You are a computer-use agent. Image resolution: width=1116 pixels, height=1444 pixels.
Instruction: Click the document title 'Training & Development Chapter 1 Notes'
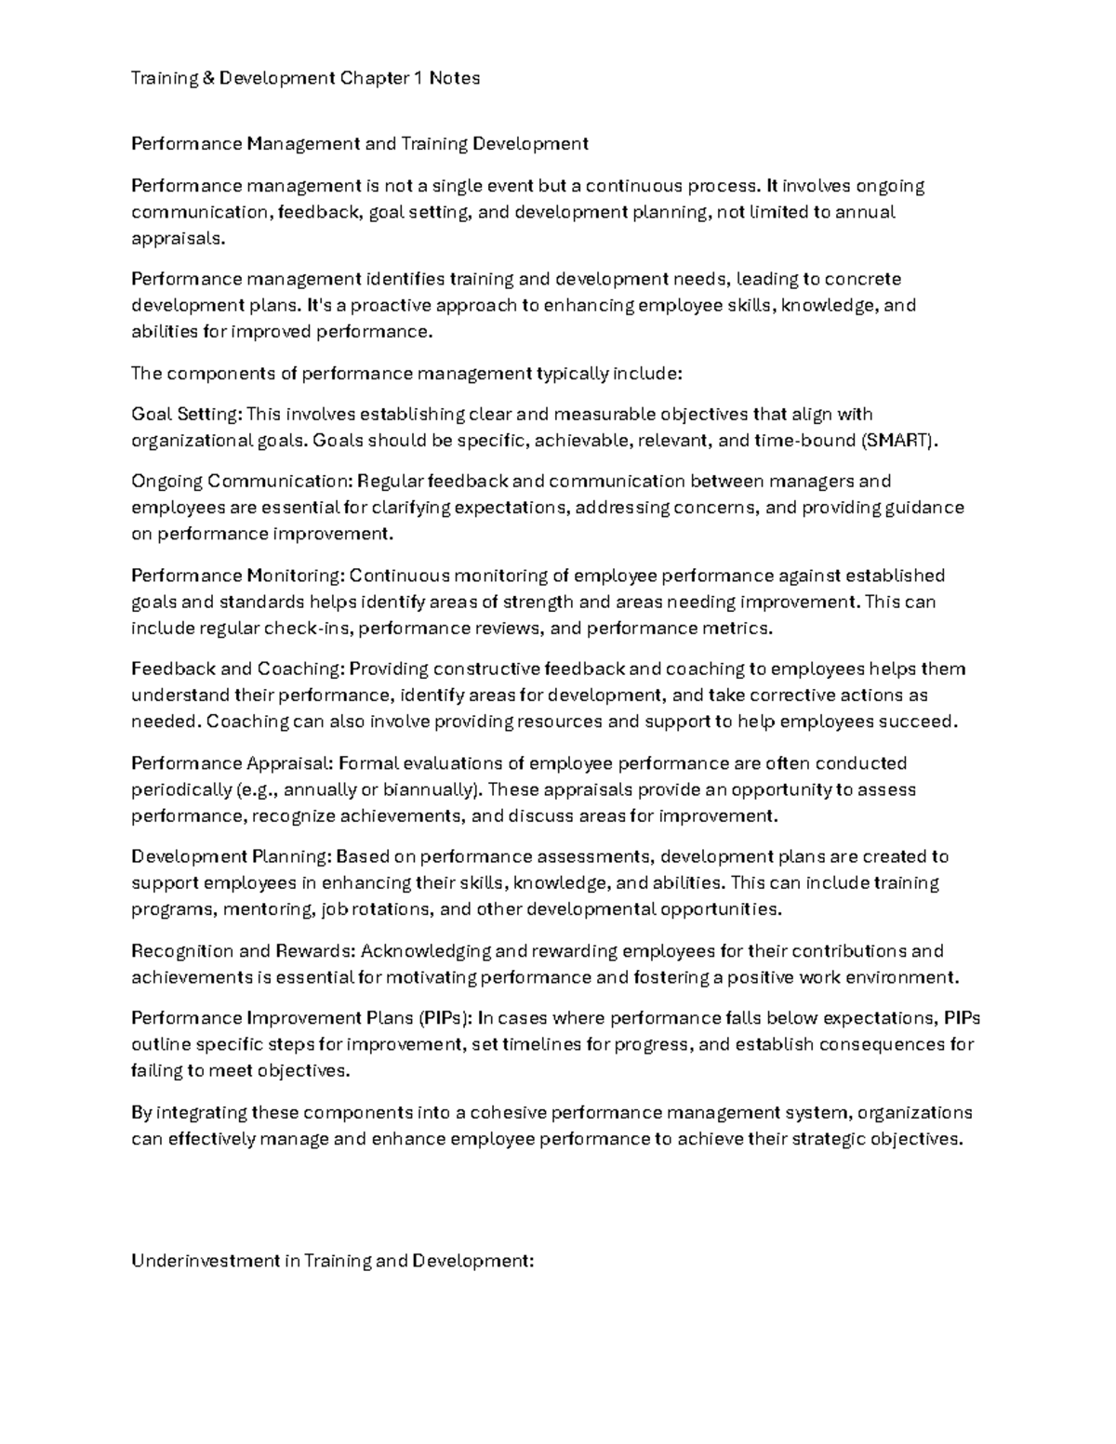(305, 78)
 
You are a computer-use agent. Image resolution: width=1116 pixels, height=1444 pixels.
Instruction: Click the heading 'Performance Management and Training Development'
(359, 143)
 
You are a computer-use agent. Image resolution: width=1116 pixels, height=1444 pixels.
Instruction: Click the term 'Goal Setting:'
(186, 414)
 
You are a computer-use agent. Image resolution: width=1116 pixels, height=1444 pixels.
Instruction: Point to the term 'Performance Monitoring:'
(237, 576)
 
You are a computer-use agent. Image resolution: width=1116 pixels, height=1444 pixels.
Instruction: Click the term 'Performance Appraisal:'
(232, 763)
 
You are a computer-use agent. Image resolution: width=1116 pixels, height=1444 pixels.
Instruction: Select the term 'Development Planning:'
(231, 856)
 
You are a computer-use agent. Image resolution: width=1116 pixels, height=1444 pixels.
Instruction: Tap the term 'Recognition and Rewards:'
(243, 951)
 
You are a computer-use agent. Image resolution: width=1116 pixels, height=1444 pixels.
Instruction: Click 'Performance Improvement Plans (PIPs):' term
(301, 1018)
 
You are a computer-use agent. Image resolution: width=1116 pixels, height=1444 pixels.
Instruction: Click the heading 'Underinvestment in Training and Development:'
(332, 1261)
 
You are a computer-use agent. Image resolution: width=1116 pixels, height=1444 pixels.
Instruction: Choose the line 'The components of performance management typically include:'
(406, 373)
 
